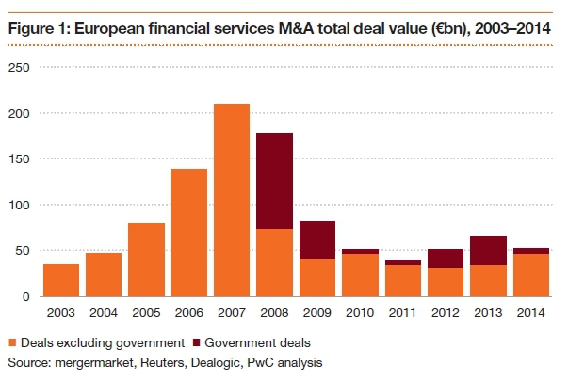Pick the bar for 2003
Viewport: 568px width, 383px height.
coord(61,280)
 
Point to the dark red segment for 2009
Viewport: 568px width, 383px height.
coord(316,241)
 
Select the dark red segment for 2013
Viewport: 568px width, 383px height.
coord(488,251)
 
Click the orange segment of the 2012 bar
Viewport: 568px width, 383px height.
coord(446,282)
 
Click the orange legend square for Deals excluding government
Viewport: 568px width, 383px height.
coord(12,342)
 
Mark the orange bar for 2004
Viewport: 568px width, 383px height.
coord(104,275)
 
